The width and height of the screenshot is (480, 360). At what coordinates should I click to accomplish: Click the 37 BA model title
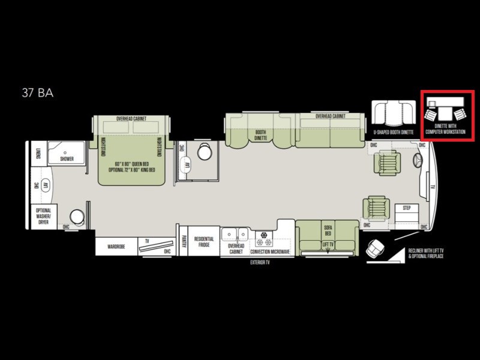(38, 93)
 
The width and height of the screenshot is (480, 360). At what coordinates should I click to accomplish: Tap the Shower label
(67, 159)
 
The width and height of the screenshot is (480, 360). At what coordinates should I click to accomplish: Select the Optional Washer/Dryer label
(43, 215)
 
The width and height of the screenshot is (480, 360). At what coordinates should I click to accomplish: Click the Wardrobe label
(116, 247)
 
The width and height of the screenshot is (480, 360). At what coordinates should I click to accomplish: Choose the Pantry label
(182, 241)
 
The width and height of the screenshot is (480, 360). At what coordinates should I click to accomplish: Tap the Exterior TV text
(260, 262)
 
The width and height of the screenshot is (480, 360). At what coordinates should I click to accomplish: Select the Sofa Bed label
(328, 230)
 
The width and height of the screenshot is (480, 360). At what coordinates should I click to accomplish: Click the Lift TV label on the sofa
(328, 245)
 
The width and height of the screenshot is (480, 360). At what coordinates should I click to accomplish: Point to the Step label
(406, 208)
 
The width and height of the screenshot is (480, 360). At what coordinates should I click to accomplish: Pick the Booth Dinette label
(260, 136)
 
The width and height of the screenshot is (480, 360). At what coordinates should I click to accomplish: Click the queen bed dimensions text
(132, 166)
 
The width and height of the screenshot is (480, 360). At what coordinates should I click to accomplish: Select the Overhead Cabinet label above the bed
(131, 119)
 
